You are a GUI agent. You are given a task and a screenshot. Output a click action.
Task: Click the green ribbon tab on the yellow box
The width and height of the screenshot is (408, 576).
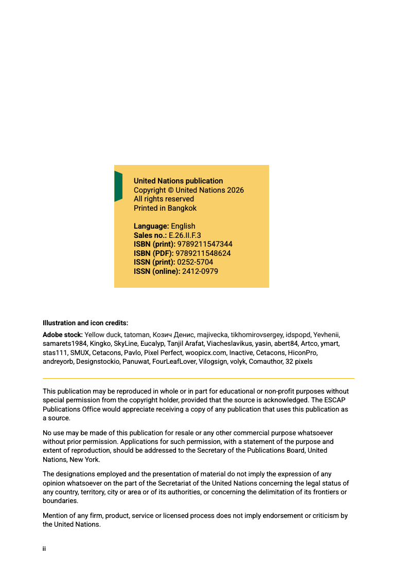(118, 186)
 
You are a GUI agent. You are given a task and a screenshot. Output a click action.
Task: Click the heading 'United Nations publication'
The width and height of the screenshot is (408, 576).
(178, 181)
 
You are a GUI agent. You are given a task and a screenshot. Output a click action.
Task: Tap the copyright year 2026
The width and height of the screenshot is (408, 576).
(235, 190)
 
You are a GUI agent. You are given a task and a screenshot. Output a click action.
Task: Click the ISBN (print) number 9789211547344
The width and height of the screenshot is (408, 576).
(205, 244)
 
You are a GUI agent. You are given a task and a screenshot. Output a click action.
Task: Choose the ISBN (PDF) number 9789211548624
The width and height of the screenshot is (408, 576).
(203, 253)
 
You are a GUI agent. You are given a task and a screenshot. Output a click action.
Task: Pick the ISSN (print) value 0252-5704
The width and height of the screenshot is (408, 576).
(195, 262)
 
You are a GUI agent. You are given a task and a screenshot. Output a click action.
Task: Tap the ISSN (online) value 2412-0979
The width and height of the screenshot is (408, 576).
(200, 271)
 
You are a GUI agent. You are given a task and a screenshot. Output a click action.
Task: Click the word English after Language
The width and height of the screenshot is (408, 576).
(183, 226)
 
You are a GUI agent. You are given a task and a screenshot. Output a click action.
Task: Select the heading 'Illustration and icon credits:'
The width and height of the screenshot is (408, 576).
(85, 323)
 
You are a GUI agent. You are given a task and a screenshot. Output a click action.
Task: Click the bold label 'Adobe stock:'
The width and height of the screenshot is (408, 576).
(62, 335)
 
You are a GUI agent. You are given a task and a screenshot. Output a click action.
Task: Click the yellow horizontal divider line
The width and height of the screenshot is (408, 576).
(198, 378)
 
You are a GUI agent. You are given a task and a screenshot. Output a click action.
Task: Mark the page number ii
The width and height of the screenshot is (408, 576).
(44, 549)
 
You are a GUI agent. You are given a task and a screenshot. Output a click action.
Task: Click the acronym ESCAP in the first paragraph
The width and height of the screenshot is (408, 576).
(336, 400)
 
